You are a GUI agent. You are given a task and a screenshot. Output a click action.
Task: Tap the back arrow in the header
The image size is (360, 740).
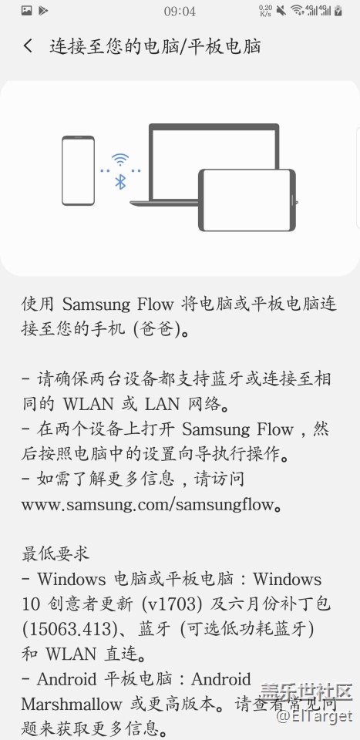coord(29,45)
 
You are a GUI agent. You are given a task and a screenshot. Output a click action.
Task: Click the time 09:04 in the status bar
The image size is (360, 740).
coord(180,12)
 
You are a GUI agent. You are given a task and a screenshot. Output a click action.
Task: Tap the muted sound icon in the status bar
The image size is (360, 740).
coord(281,10)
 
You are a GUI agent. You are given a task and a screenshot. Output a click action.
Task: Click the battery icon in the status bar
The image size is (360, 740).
coord(338,10)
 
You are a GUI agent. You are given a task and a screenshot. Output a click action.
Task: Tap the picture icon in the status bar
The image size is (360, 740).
coord(27,10)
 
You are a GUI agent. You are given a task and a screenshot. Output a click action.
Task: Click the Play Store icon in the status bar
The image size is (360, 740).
coord(43,10)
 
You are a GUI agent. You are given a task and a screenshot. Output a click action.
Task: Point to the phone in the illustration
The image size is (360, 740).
coord(79,170)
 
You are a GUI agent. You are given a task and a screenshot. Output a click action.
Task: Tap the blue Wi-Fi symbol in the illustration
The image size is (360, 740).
coord(121,160)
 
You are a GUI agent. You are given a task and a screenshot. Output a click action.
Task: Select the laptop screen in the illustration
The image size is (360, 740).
coord(214,160)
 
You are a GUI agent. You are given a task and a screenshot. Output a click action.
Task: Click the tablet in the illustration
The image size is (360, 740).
coord(247,200)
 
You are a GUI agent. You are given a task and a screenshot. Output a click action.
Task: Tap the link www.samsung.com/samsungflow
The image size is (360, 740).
coord(147,504)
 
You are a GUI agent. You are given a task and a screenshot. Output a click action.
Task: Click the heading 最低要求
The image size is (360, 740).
coord(56,554)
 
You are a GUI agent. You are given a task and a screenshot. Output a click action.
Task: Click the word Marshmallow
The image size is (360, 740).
coord(71,704)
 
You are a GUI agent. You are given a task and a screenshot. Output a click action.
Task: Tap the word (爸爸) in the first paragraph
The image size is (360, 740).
coord(157,329)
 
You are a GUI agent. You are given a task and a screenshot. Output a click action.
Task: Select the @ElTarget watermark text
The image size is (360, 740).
coord(315,716)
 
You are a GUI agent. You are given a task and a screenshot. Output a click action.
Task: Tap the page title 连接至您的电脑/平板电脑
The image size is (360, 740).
coord(155,46)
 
